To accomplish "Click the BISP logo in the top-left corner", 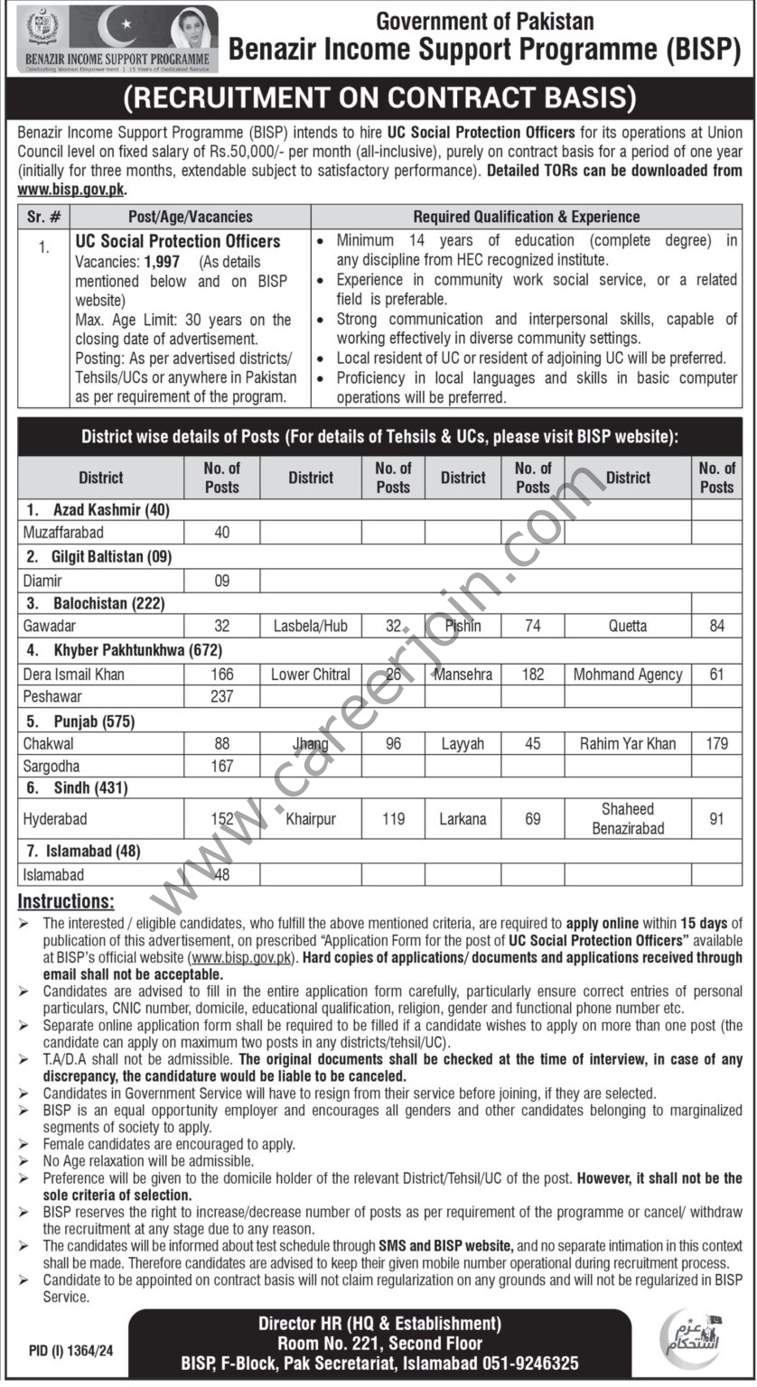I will (x=111, y=38).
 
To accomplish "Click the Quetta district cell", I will (x=628, y=626).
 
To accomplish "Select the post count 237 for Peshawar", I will (x=221, y=696).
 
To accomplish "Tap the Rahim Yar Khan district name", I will (x=628, y=743).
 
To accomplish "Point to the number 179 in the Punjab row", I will (x=716, y=743).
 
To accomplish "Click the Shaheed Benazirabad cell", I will (x=628, y=818).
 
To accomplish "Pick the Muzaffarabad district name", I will (x=63, y=532).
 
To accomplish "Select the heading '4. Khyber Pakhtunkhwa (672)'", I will (x=119, y=650).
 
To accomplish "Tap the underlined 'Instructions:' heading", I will (x=67, y=901).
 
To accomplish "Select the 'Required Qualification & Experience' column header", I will (x=527, y=217).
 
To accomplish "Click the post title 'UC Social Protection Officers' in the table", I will (x=178, y=241).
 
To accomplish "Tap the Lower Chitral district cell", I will (x=311, y=674).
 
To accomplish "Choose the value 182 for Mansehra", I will (x=532, y=674).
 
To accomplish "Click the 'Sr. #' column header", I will (x=44, y=217).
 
